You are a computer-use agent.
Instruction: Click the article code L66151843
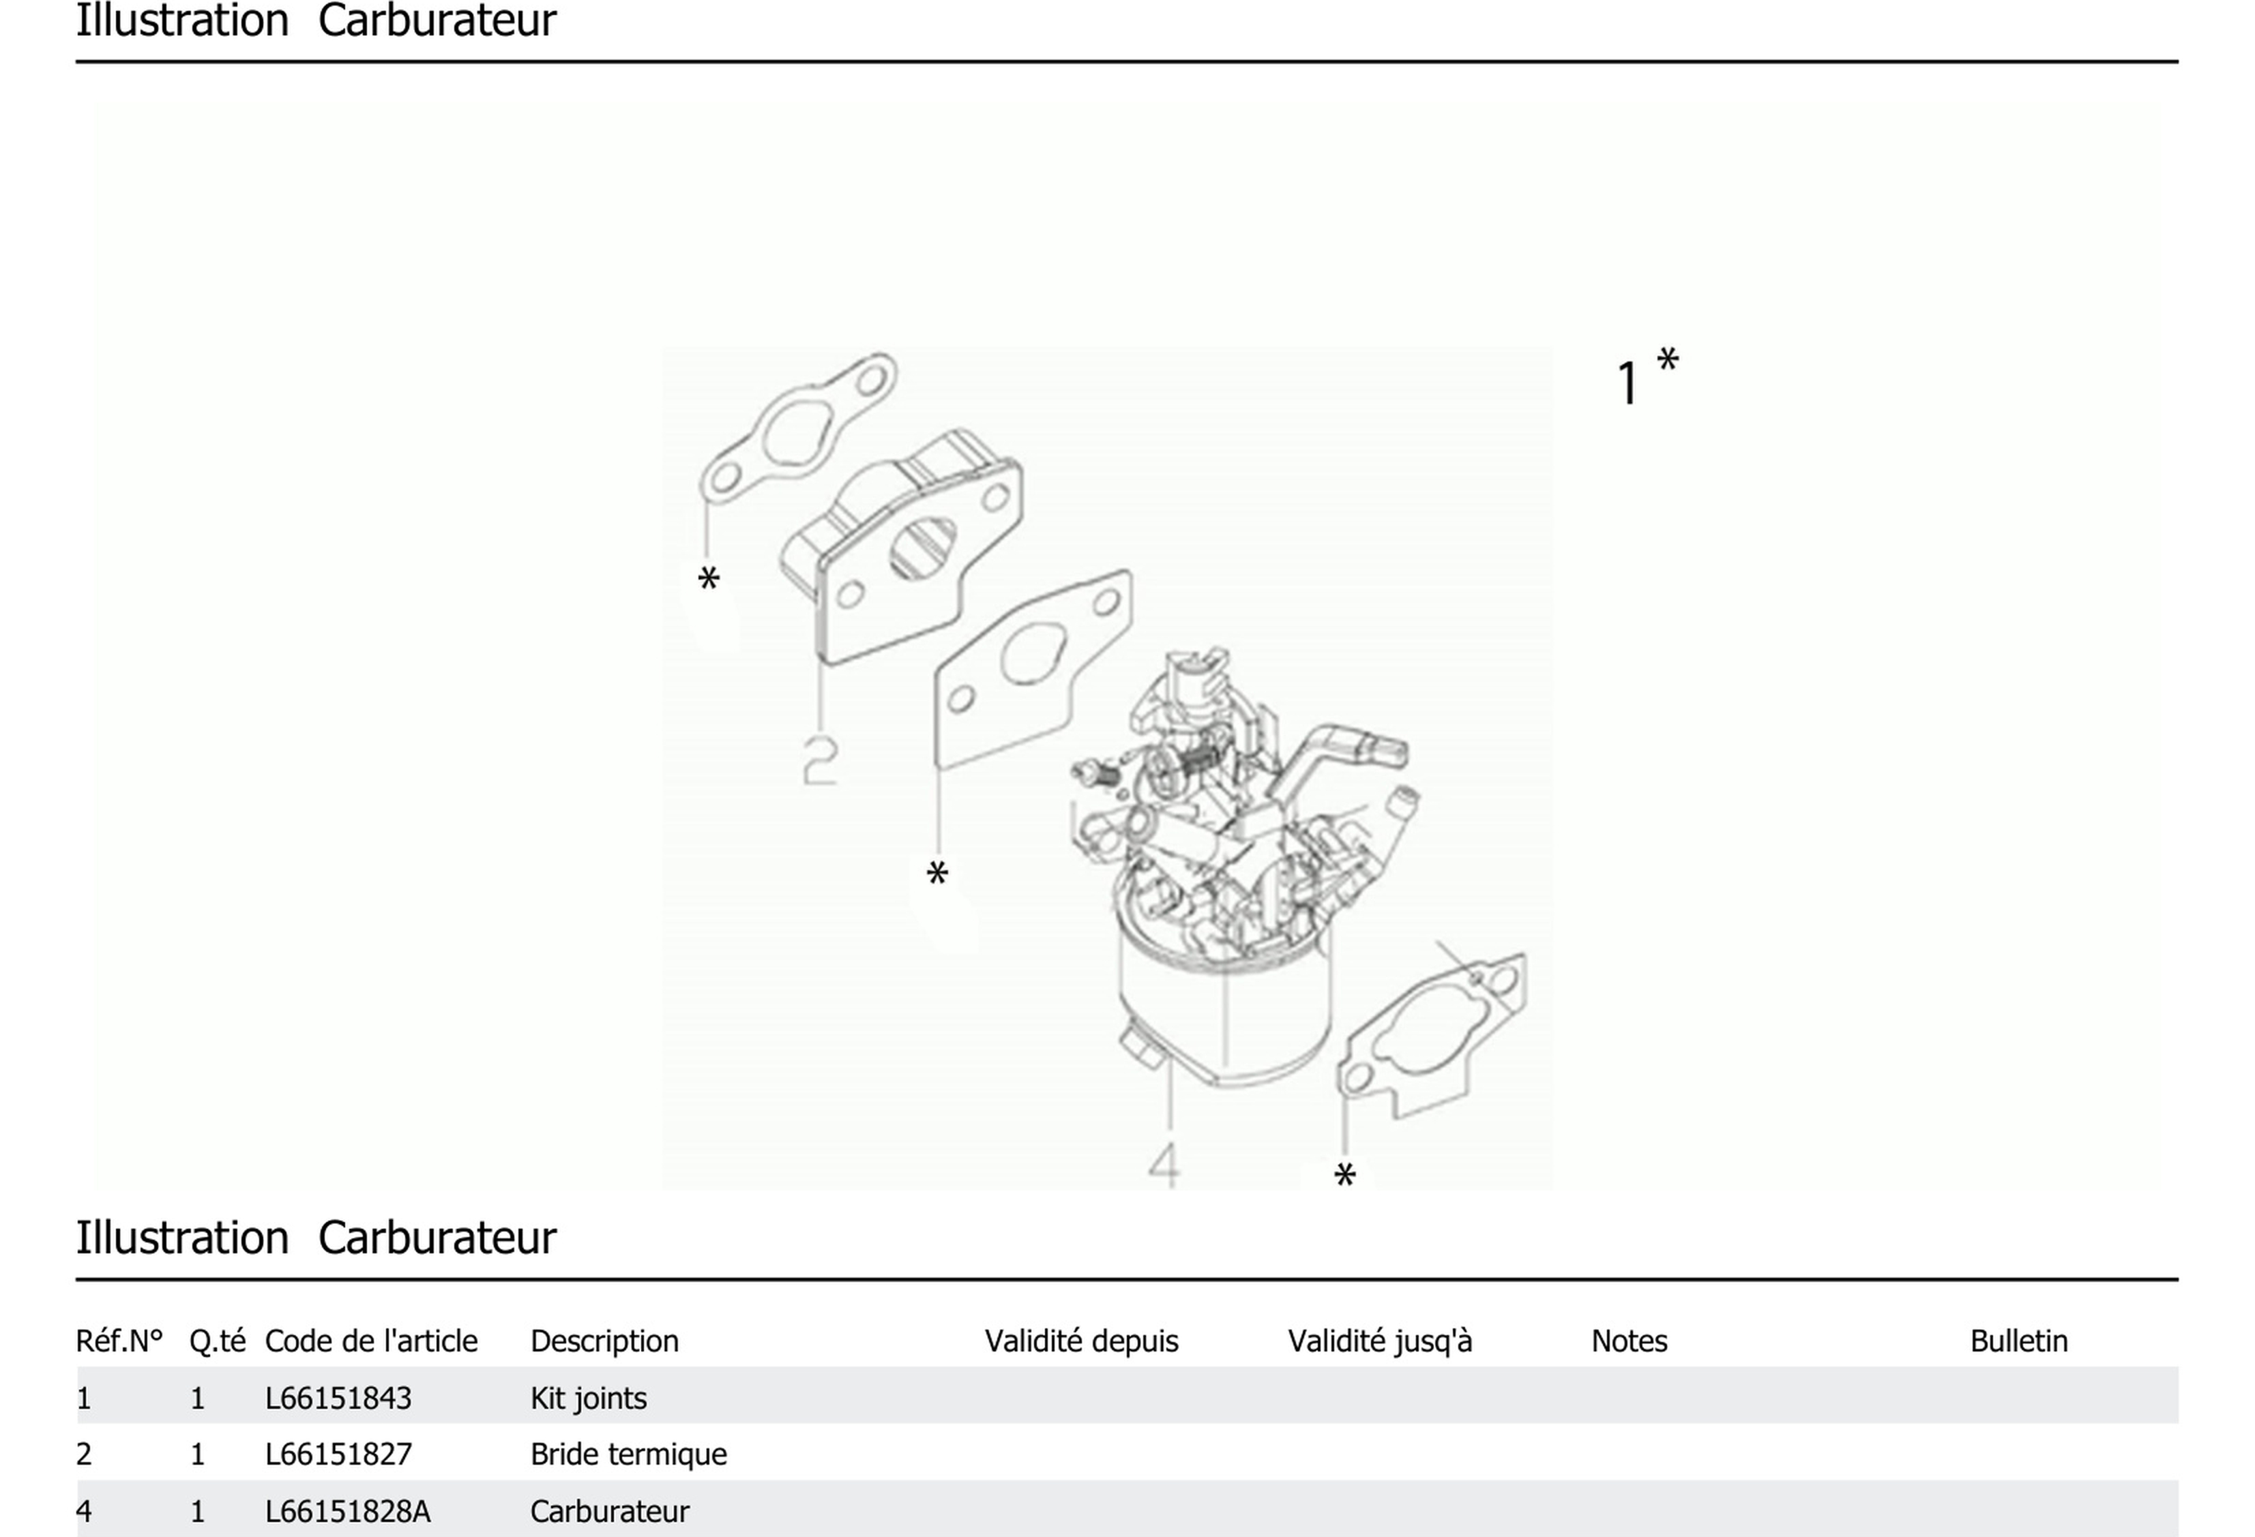[338, 1399]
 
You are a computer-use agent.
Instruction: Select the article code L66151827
[338, 1454]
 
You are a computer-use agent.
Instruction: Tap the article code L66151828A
[347, 1512]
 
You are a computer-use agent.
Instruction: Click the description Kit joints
[588, 1399]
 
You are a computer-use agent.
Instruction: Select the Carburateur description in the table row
[609, 1512]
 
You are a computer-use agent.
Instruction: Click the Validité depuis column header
[1081, 1341]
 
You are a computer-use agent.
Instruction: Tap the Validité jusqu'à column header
[1380, 1341]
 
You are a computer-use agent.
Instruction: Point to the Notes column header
[1629, 1341]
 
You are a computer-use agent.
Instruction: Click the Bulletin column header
[2018, 1341]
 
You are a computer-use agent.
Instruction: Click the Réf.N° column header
[119, 1341]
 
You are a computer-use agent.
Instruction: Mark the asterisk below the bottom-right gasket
[1345, 1175]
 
